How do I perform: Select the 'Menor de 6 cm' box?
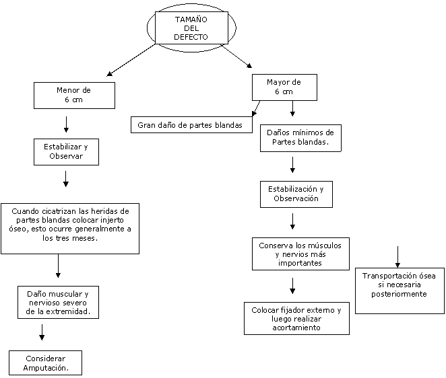coord(74,95)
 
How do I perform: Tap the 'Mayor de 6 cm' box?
coord(284,87)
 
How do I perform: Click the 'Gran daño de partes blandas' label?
coord(190,125)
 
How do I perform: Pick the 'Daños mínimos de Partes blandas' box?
coord(300,137)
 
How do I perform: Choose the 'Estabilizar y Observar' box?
coord(66,151)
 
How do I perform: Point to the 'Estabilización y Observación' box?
coord(296,194)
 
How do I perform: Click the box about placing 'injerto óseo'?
coord(69,228)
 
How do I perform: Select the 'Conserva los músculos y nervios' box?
coord(300,254)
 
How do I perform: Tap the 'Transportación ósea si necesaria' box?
coord(400,290)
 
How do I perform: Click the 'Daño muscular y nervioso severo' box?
coord(58,303)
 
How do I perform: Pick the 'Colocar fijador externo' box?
coord(296,318)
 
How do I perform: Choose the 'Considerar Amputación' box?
coord(45,363)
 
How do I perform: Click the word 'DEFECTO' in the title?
coord(191,38)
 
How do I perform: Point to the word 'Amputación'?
coord(44,368)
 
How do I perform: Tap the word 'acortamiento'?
coord(296,328)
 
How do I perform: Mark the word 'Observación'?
coord(296,199)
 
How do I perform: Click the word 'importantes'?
coord(300,264)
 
